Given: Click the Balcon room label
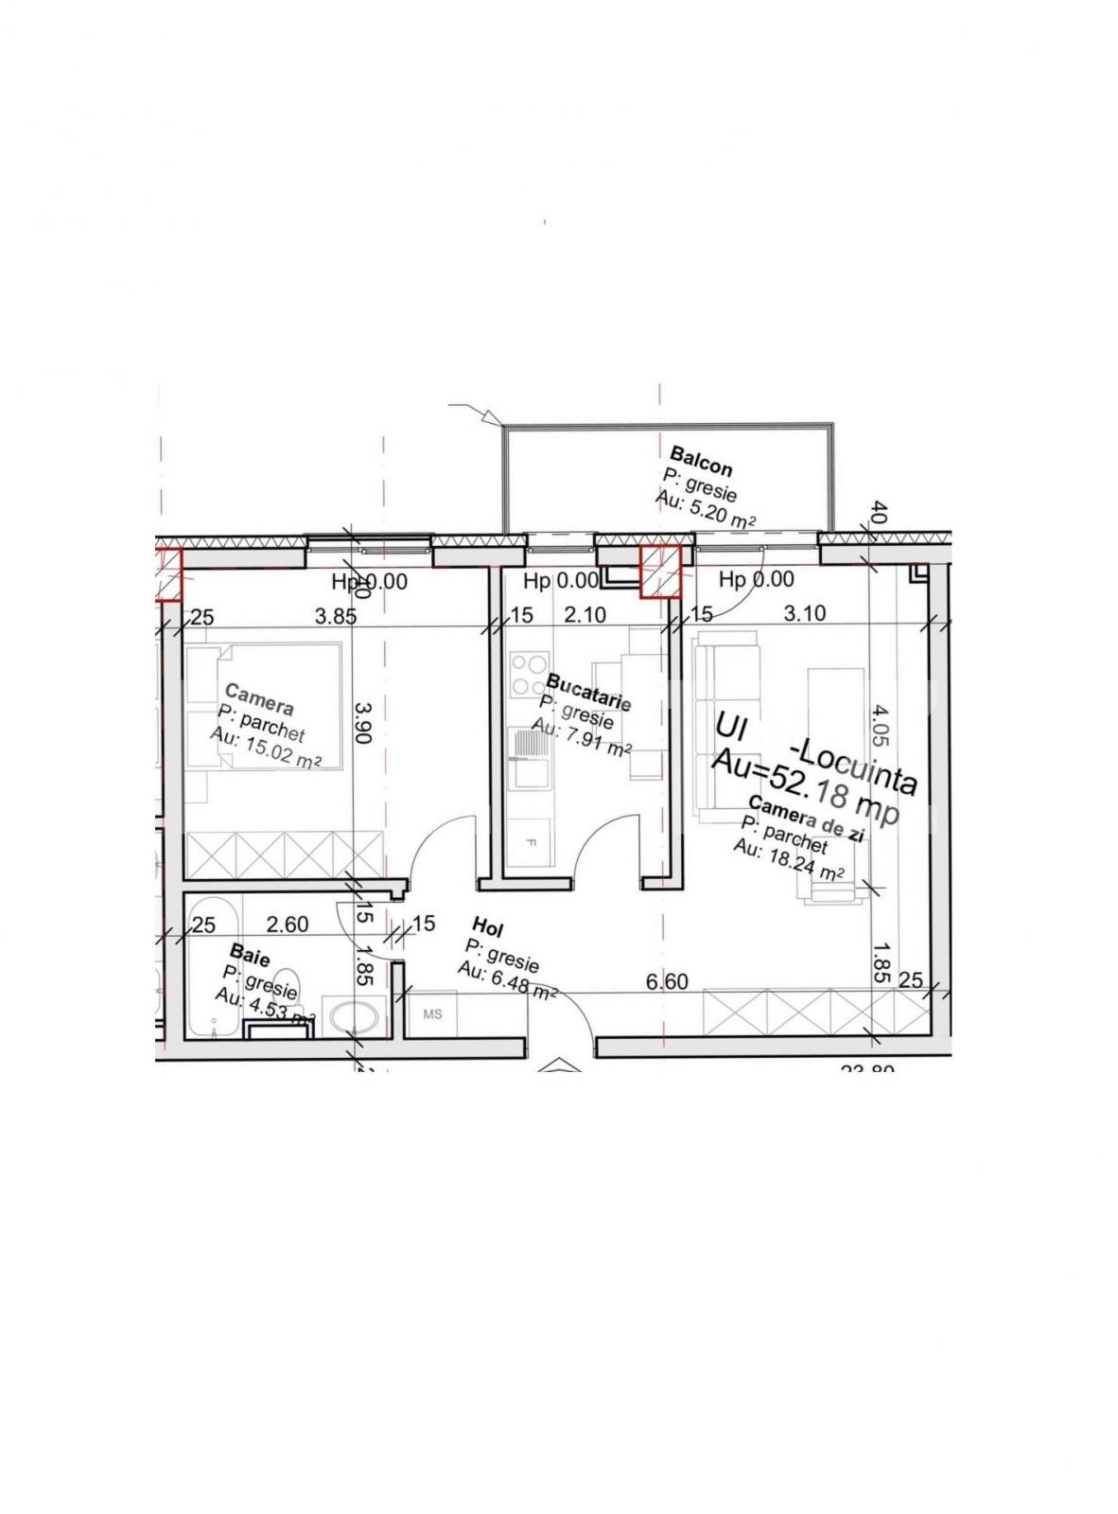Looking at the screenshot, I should click(x=701, y=460).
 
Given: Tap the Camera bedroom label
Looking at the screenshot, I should click(x=259, y=700).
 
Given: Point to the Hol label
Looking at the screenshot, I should click(x=487, y=926).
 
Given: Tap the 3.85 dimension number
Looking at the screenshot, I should click(x=335, y=616).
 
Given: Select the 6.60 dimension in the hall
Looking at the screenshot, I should click(x=666, y=982).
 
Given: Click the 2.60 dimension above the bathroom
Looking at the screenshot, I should click(x=287, y=924).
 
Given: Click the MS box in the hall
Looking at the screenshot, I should click(x=433, y=1014).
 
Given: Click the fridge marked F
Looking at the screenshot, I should click(x=529, y=840).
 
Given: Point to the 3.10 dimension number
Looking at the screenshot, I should click(x=805, y=614).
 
